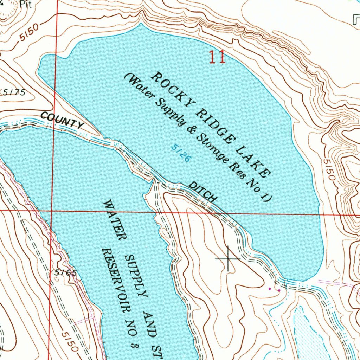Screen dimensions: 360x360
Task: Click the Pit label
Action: click(25, 4)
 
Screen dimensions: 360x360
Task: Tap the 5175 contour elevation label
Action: click(14, 92)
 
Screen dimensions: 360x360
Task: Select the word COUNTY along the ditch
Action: click(62, 119)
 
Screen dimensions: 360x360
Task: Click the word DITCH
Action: click(202, 192)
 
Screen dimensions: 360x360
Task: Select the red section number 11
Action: click(217, 57)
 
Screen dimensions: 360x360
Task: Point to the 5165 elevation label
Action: click(65, 273)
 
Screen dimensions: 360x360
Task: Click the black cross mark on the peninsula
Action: click(228, 259)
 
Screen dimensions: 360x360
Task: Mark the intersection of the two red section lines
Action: click(52, 211)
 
